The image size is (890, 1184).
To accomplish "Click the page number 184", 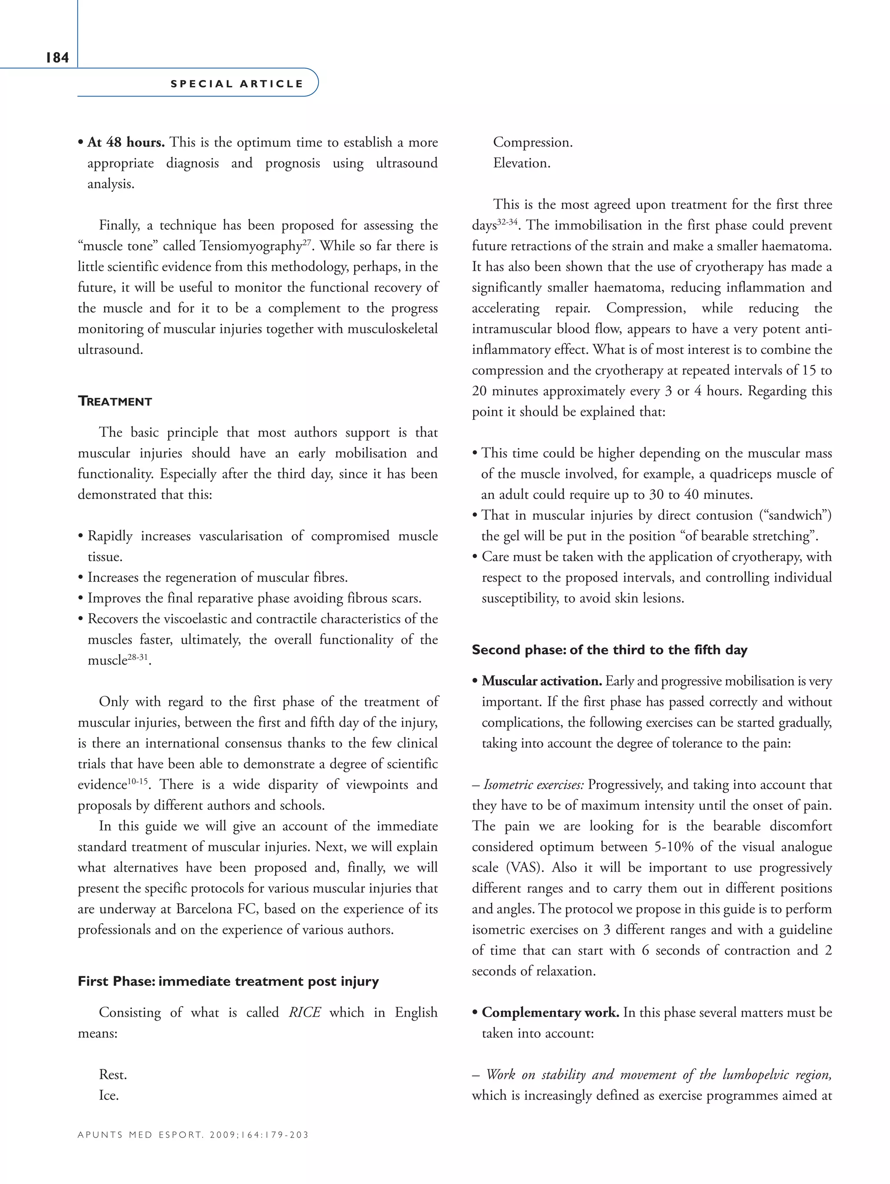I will (57, 58).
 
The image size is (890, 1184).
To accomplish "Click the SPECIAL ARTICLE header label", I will (236, 84).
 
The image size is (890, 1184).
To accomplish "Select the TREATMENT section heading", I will (115, 402).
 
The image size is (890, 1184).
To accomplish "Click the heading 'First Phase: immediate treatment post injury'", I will (228, 981).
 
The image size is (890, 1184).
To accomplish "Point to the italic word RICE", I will (305, 1012).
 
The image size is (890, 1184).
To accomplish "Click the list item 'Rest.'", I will (113, 1074).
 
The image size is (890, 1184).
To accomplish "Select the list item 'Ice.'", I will (109, 1095).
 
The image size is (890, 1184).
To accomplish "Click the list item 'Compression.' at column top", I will (532, 143).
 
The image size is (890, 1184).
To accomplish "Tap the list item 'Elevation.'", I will (521, 163).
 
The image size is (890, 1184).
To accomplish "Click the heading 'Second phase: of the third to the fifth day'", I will (609, 650).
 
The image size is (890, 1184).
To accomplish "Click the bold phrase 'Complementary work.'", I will (550, 1012).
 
